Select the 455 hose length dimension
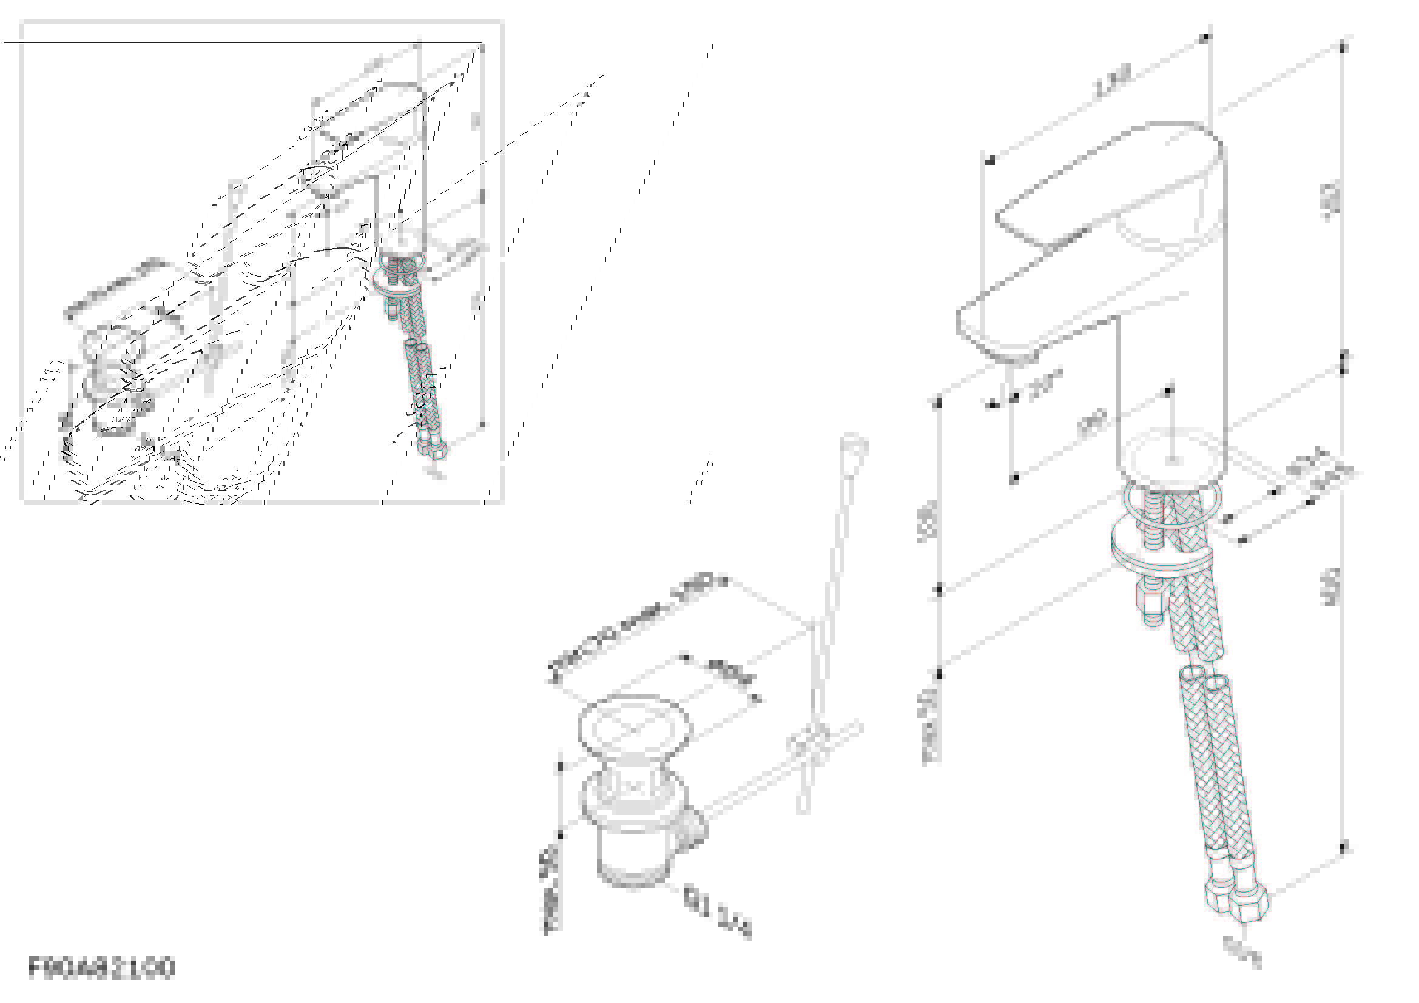(x=1331, y=587)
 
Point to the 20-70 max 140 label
(x=636, y=627)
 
